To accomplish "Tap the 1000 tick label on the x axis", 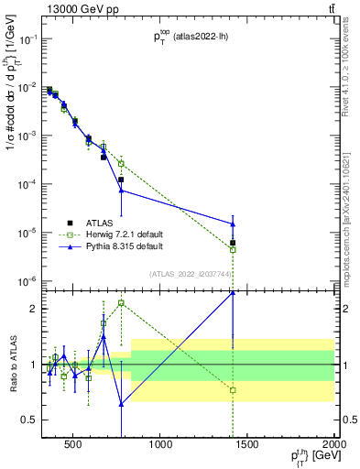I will pos(160,446).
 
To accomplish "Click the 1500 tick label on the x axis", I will pos(247,446).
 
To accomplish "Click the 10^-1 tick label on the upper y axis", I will pos(28,39).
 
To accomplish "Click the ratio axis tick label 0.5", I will pos(29,420).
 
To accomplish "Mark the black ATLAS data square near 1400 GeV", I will pos(233,243).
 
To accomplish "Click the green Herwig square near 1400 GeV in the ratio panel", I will pos(233,390).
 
